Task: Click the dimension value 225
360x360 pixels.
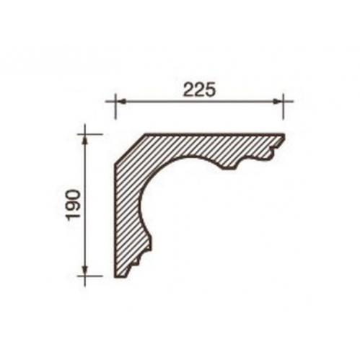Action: coord(198,90)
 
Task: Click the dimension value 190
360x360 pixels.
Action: coord(73,204)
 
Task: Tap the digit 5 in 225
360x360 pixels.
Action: coord(209,90)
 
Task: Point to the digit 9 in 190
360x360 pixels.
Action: coord(73,204)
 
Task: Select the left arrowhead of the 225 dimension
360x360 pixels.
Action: coord(120,102)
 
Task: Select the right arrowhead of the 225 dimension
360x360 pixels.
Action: coord(278,102)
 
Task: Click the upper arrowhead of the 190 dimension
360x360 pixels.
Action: coord(84,139)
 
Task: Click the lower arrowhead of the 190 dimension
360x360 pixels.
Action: coord(84,271)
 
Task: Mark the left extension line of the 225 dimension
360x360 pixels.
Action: coord(115,106)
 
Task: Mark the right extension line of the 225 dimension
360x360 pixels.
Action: coord(283,106)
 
